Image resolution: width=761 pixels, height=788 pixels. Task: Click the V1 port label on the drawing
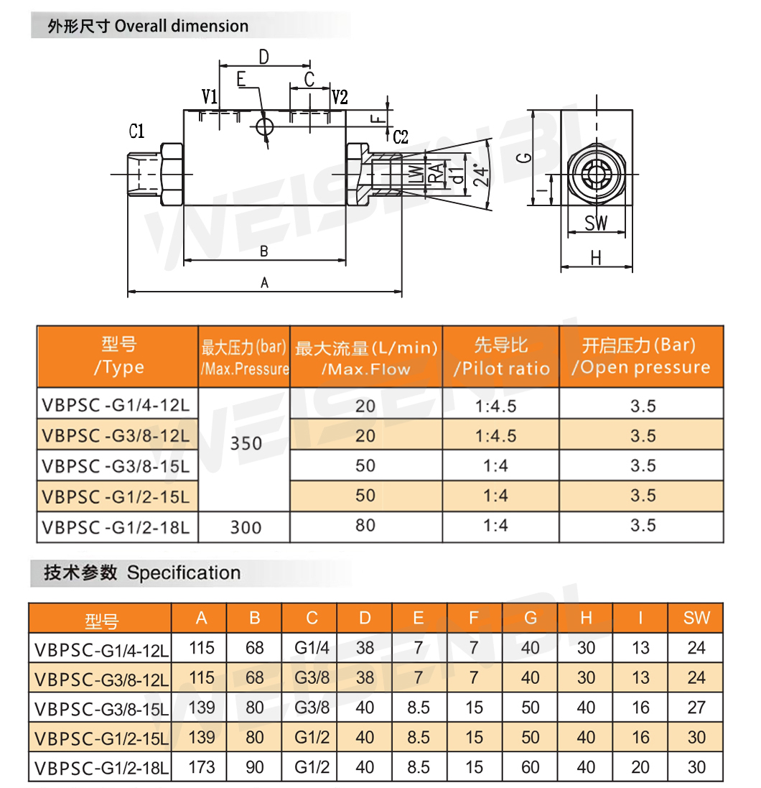pyautogui.click(x=210, y=96)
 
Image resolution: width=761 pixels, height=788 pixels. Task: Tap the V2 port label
pyautogui.click(x=340, y=97)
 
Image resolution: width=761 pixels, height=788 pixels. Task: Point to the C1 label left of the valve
pyautogui.click(x=136, y=131)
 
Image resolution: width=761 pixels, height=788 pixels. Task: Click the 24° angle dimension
pyautogui.click(x=481, y=175)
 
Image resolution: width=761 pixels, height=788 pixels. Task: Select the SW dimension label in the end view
pyautogui.click(x=596, y=223)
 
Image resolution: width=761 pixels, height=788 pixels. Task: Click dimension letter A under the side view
pyautogui.click(x=265, y=283)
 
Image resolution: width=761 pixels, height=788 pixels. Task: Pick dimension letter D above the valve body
pyautogui.click(x=263, y=57)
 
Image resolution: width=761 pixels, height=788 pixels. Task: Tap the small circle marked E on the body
pyautogui.click(x=264, y=126)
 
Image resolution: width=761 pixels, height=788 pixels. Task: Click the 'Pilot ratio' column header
pyautogui.click(x=501, y=368)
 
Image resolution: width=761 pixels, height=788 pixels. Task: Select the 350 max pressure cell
pyautogui.click(x=246, y=444)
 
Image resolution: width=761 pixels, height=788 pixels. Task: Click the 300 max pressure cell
pyautogui.click(x=246, y=527)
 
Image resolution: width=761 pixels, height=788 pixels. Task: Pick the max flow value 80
pyautogui.click(x=365, y=525)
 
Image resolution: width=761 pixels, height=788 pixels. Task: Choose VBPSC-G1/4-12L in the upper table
pyautogui.click(x=116, y=404)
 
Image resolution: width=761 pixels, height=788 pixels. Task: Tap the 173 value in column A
pyautogui.click(x=202, y=767)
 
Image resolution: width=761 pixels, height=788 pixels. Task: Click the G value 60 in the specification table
pyautogui.click(x=531, y=767)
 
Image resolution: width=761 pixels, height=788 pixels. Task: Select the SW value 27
pyautogui.click(x=696, y=707)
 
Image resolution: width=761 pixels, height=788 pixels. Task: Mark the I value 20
pyautogui.click(x=640, y=767)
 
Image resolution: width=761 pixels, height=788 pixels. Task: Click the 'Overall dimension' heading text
pyautogui.click(x=182, y=26)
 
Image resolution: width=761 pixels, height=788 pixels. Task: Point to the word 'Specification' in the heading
pyautogui.click(x=183, y=573)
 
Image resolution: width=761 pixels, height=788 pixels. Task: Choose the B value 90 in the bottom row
pyautogui.click(x=255, y=767)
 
